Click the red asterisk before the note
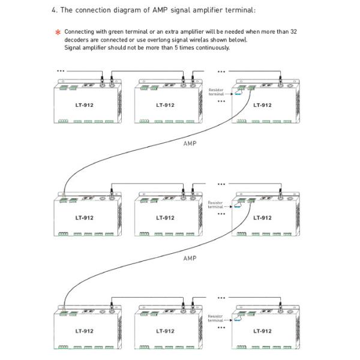tap(58, 32)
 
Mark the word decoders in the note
tap(76, 40)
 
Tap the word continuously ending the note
tap(209, 47)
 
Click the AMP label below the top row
tap(189, 144)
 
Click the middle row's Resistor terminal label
tap(215, 205)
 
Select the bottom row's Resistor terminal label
tap(215, 317)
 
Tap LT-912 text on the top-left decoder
tap(85, 105)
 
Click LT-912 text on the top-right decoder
tap(262, 105)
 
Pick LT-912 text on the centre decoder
tap(165, 218)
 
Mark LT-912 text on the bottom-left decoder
tap(85, 331)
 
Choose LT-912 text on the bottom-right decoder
tap(262, 331)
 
